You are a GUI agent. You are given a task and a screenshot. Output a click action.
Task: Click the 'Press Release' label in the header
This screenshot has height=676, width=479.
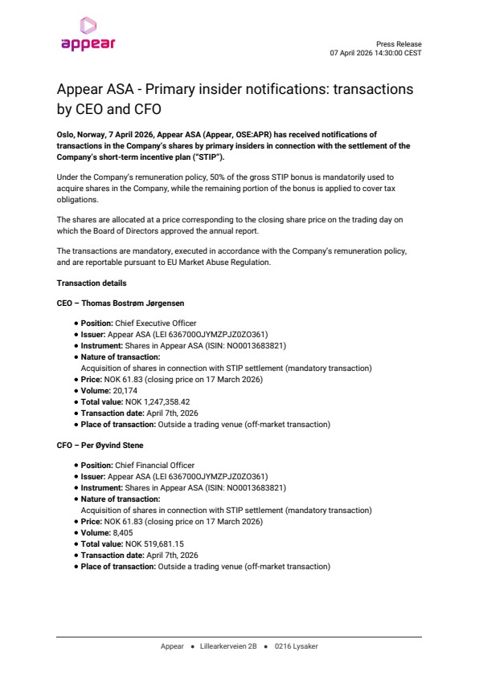[399, 44]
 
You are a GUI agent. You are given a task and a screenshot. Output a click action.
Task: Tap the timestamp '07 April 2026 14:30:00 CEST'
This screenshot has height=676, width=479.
[375, 53]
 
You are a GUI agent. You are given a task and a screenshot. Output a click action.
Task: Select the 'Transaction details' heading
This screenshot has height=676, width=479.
[91, 283]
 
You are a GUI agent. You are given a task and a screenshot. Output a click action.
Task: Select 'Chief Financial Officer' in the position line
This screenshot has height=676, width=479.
[165, 465]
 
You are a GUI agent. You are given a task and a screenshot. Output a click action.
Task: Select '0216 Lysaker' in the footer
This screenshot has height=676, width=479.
[296, 645]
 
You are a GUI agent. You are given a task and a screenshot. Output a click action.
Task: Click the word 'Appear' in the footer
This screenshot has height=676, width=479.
[172, 645]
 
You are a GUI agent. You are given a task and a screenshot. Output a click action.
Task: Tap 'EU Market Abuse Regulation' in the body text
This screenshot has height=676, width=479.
[223, 262]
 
